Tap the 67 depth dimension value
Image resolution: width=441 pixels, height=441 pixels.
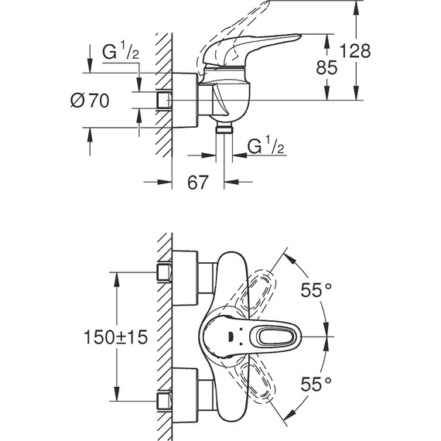tap(198, 183)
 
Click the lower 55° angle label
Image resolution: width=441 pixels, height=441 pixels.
tap(316, 382)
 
